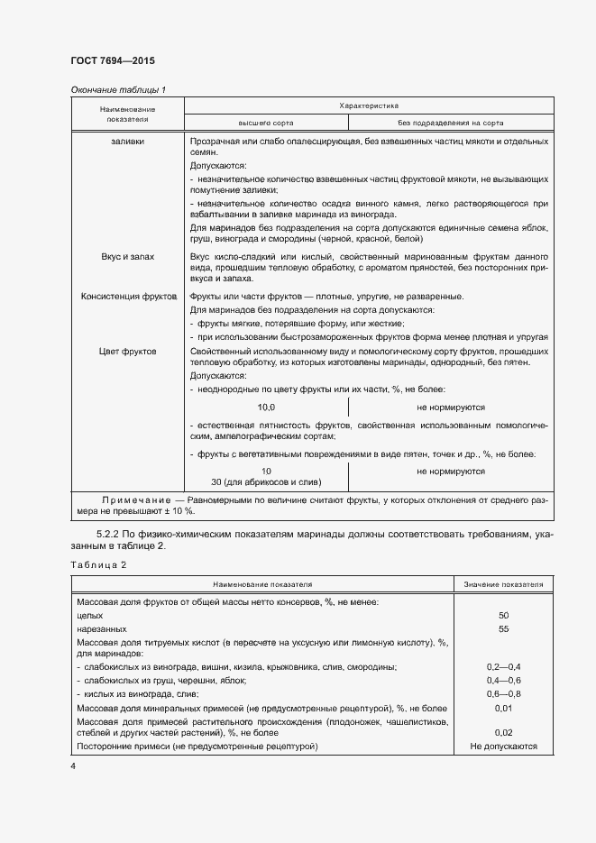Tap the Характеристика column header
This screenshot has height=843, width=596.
tap(368, 105)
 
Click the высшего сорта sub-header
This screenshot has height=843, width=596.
tap(265, 122)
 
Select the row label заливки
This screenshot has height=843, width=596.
tap(127, 142)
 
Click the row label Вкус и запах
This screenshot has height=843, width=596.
tap(127, 257)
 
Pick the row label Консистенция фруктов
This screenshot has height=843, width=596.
tap(127, 297)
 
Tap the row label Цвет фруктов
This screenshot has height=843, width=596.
tap(127, 351)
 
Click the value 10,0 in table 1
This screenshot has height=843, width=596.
tap(266, 408)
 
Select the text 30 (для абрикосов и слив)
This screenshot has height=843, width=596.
tap(266, 482)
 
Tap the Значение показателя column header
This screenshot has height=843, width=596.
tap(503, 584)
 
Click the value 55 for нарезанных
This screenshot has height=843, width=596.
tap(503, 628)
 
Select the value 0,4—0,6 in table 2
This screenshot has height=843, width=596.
tap(503, 680)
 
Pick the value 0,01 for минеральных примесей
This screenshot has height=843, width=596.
tap(503, 708)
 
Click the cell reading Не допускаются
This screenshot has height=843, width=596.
tap(503, 747)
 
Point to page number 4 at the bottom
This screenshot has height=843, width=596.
tap(73, 766)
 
